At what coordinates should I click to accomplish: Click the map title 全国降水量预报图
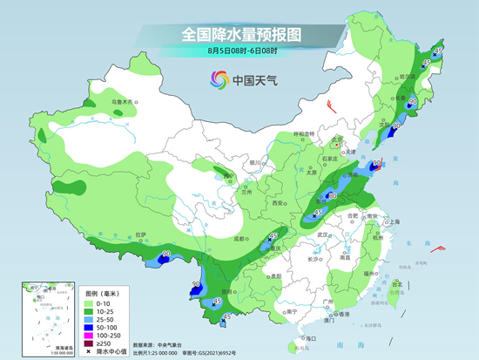(239, 35)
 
